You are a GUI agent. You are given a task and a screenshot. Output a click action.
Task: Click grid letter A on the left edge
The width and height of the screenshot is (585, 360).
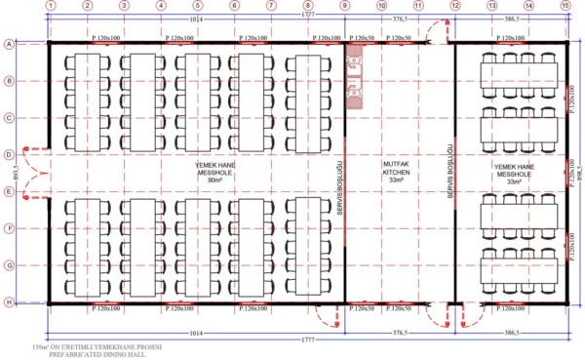point(9,44)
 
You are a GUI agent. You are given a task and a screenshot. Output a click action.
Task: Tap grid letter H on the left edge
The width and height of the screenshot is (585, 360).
point(9,302)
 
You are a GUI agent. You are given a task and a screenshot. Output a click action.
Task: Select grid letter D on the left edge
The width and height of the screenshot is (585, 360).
point(9,155)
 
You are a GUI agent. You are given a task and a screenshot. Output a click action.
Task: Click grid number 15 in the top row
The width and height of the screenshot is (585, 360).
point(565,7)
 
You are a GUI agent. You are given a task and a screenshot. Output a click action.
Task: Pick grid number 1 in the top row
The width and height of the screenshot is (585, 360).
point(50,7)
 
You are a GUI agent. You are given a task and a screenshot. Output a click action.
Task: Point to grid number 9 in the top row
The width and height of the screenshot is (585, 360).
point(344,7)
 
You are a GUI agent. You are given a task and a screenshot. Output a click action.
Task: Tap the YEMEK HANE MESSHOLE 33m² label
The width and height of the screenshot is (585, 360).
point(513,173)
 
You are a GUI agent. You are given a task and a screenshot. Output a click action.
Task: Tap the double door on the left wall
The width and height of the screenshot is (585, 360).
point(33,174)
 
